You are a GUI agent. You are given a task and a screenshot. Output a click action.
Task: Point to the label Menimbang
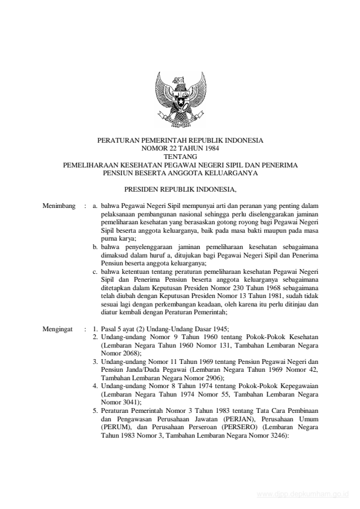(x=59, y=206)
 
